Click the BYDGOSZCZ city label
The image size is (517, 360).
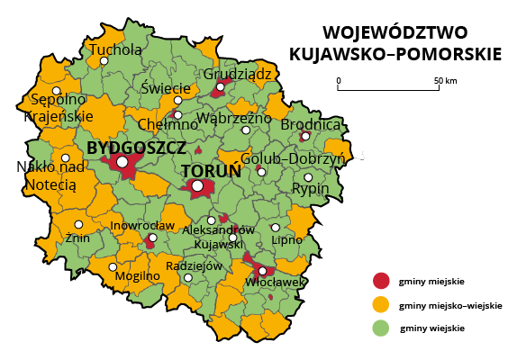click(137, 146)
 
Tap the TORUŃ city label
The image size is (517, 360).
click(210, 170)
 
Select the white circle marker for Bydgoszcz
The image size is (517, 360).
click(122, 162)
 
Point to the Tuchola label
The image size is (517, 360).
click(115, 49)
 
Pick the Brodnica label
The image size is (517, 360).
click(311, 125)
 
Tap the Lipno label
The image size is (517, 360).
click(286, 241)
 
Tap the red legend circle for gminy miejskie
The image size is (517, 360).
click(383, 280)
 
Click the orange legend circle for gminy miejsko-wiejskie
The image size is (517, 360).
click(383, 304)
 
